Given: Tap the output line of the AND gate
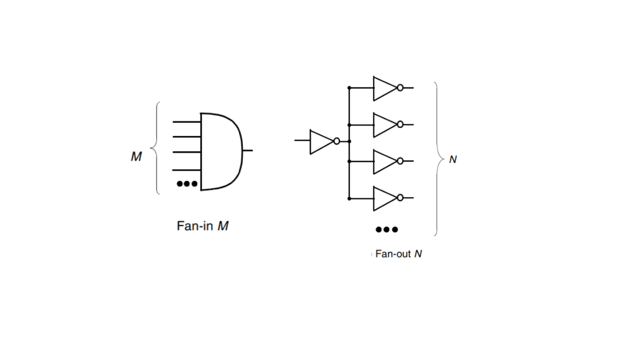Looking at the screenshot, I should point(247,150).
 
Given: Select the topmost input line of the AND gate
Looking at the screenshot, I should point(186,122).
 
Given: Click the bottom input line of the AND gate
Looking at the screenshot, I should point(186,171).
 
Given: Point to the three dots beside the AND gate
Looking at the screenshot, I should point(187,184).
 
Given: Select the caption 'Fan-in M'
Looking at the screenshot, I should point(203,226).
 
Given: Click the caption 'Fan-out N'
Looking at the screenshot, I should point(398,254).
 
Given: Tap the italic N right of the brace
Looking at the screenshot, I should point(453,159).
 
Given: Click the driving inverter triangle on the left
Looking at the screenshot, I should point(320,141).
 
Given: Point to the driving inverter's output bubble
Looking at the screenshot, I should point(337,141).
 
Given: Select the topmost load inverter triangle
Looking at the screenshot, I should point(383,88).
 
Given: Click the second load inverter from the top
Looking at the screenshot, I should point(383,125).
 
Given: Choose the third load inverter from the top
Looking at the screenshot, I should point(383,161).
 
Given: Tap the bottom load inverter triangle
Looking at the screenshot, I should point(383,198).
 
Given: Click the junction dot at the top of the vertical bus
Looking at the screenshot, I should point(349,87).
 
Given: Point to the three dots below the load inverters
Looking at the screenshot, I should point(387,230).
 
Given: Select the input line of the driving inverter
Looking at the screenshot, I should point(302,141).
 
